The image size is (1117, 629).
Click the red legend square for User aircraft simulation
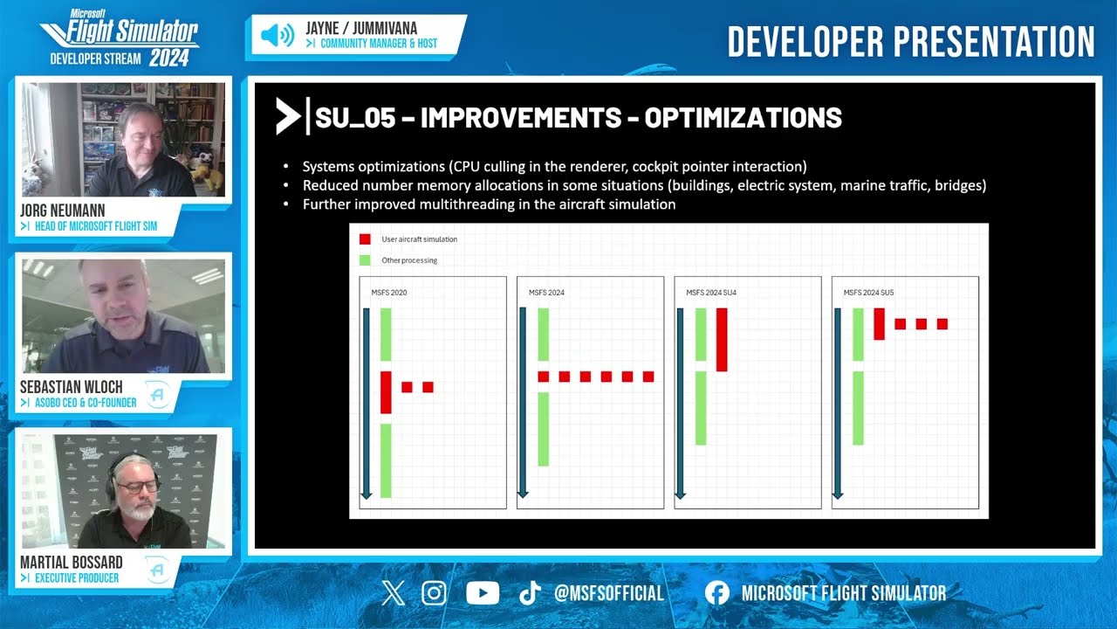pos(365,239)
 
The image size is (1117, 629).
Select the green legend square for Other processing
pos(365,260)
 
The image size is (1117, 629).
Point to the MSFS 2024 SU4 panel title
pos(711,293)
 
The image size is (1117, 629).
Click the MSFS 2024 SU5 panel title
pos(869,293)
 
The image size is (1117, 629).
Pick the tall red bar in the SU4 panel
pos(722,339)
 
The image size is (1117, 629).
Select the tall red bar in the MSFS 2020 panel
pos(386,392)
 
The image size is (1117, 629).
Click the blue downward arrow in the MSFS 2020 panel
pos(367,403)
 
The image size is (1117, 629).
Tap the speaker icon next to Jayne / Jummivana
pos(278,36)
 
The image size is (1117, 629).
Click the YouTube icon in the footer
pos(483,594)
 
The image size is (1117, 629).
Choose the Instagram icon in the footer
pos(434,594)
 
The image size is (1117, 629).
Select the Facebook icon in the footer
pos(716,594)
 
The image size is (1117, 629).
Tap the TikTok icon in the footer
pos(530,594)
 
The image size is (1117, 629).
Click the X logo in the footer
pos(394,594)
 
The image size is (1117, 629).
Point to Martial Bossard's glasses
pos(137,486)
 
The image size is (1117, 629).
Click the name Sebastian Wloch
pos(71,387)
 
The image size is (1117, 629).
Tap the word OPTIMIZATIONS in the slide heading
pos(743,118)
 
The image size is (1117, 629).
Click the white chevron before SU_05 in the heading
pos(287,117)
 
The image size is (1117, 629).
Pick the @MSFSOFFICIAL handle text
pos(609,594)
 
